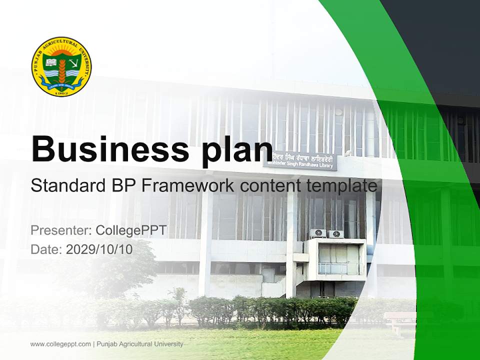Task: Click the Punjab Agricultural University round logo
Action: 61,66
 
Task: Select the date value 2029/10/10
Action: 99,249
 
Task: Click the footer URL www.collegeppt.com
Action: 60,344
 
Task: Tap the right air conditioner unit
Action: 336,233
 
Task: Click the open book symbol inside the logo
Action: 50,62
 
